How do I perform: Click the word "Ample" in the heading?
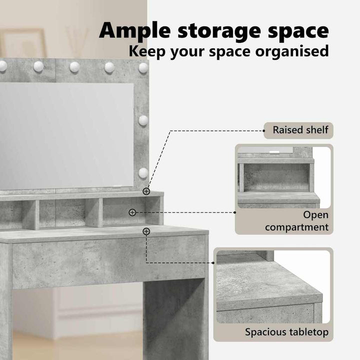[x=135, y=31]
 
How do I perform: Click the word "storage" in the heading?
[x=219, y=31]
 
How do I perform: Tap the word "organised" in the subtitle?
[x=292, y=51]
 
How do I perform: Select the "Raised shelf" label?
[x=300, y=130]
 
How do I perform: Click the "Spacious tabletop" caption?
[x=286, y=332]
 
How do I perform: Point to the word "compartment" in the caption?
[x=296, y=227]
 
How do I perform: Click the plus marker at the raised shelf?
[x=146, y=191]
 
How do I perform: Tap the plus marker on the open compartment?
[x=132, y=212]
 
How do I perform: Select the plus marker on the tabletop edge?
[x=146, y=231]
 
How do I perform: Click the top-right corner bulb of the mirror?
[x=143, y=67]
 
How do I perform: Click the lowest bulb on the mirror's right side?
[x=143, y=172]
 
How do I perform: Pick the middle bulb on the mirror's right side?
[x=143, y=120]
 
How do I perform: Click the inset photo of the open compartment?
[x=284, y=177]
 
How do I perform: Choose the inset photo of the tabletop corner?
[x=273, y=287]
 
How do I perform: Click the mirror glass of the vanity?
[x=66, y=135]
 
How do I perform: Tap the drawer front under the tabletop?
[x=108, y=261]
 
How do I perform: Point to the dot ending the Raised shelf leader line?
[x=264, y=131]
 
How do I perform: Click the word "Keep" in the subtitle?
[x=147, y=51]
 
